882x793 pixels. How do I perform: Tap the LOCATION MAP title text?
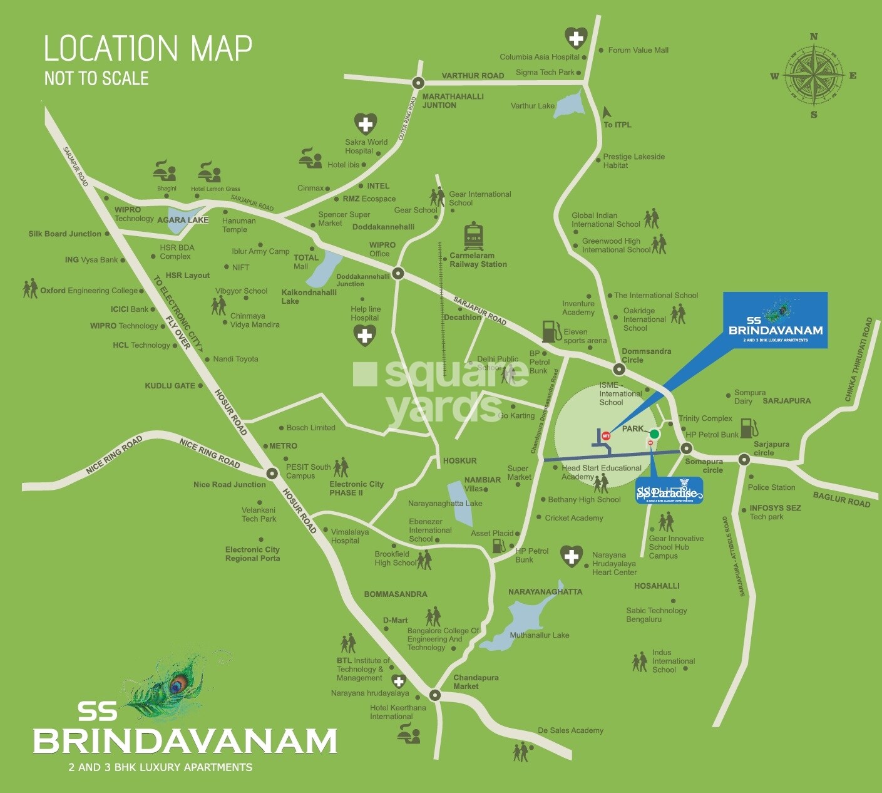point(148,49)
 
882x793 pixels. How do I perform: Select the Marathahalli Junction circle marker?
point(418,83)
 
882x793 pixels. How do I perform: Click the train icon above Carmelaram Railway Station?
point(473,236)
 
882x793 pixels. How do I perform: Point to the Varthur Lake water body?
point(570,103)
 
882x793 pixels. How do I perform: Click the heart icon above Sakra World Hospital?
point(366,124)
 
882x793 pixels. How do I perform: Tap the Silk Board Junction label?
point(64,234)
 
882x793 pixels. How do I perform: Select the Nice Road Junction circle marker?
point(272,473)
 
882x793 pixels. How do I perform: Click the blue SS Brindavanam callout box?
point(775,320)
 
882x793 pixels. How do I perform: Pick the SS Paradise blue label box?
point(669,490)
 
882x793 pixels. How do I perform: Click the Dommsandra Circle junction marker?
point(619,369)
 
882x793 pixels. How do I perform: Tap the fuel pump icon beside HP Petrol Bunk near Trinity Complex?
point(749,428)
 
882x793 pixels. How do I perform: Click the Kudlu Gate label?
point(170,386)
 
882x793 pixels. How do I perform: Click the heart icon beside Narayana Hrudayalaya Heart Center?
point(571,556)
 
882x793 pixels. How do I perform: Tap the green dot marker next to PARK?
point(654,434)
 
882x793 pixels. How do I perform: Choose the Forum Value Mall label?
point(638,50)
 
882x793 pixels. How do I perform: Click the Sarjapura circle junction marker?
point(744,459)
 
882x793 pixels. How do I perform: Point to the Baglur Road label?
point(841,499)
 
